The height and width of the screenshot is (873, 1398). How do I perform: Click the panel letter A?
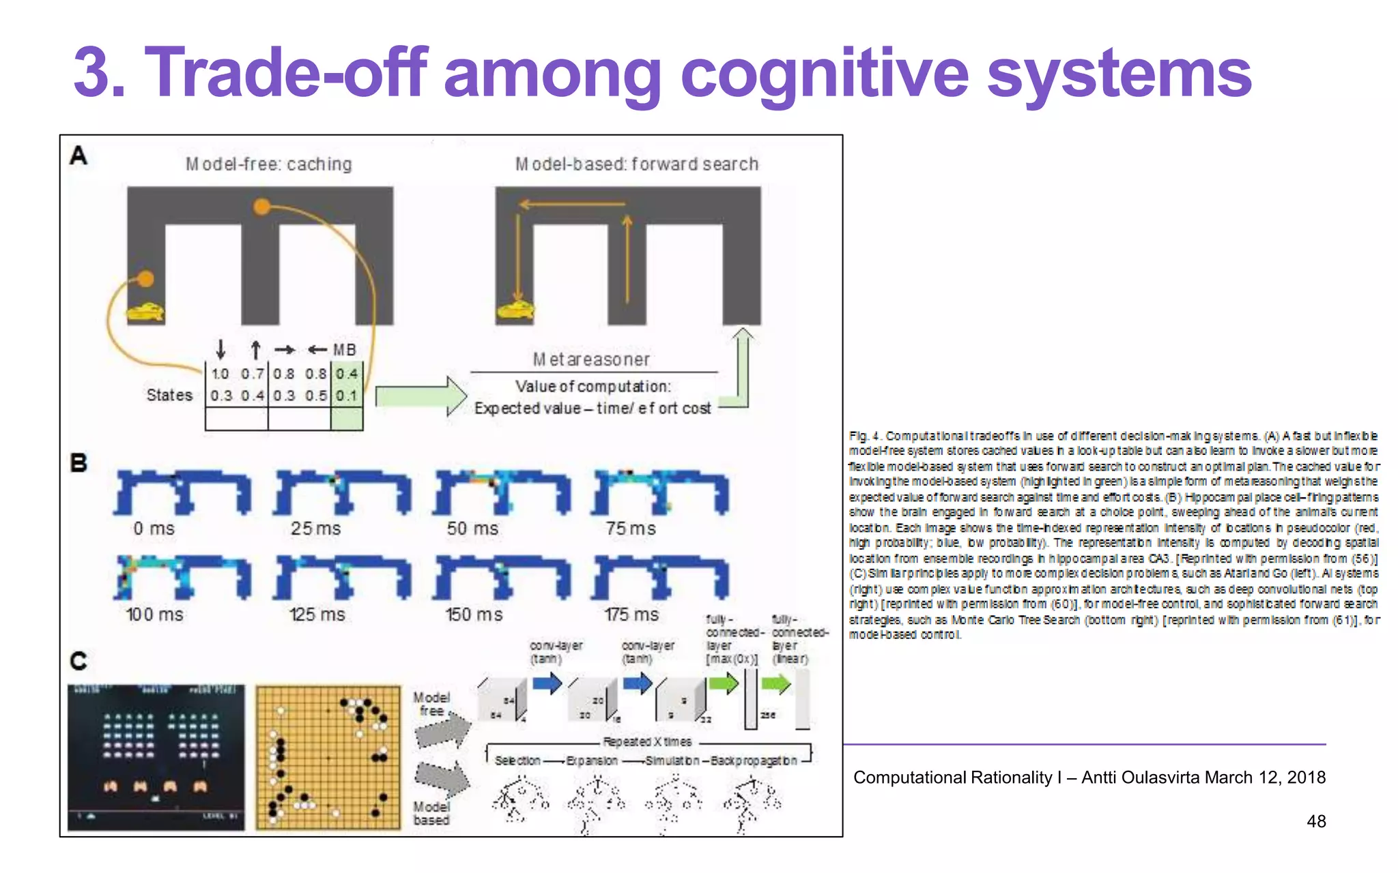[79, 156]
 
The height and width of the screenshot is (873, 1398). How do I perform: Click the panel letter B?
[79, 463]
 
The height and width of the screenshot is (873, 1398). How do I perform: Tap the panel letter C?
[79, 660]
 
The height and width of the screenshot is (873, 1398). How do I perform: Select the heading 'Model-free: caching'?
[269, 164]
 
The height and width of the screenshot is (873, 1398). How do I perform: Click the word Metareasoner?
[591, 359]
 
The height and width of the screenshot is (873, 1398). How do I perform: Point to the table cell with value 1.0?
[220, 374]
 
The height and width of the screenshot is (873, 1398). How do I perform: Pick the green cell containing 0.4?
[347, 374]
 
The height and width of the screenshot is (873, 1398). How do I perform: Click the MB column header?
[345, 350]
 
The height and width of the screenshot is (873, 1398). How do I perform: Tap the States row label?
[169, 396]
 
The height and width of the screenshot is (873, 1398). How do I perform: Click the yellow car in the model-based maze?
[515, 310]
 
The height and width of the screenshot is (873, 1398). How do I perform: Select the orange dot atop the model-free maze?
[261, 206]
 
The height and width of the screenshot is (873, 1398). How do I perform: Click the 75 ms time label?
[631, 529]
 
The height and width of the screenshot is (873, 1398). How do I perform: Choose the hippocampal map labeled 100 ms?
[183, 577]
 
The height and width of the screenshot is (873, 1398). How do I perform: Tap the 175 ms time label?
[631, 615]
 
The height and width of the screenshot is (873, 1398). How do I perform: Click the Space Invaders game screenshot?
[156, 757]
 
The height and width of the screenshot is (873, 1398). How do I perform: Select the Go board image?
[328, 757]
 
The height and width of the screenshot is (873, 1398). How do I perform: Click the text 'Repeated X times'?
[647, 741]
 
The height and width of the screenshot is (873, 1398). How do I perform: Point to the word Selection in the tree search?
[517, 760]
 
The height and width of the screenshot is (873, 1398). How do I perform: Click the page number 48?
[1315, 821]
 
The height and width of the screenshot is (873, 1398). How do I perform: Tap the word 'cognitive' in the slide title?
[825, 74]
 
